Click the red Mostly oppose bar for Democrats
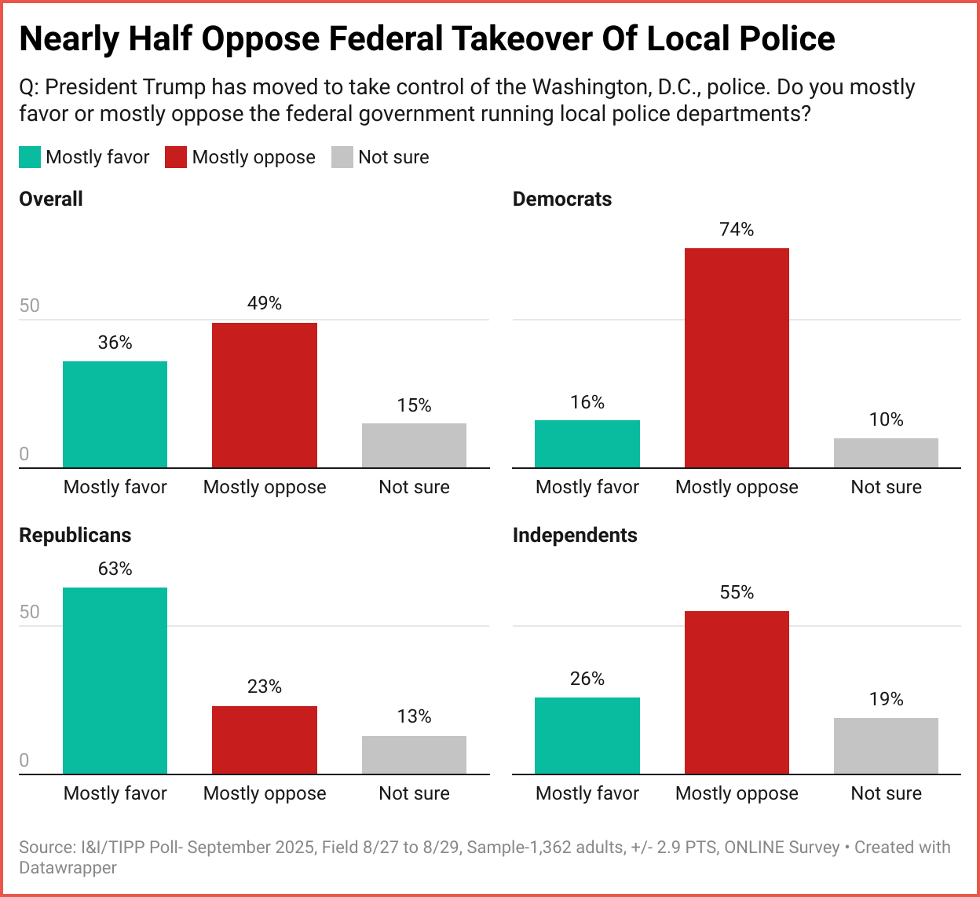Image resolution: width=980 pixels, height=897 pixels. coord(737,358)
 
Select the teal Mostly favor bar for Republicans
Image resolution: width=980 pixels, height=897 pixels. coord(115,680)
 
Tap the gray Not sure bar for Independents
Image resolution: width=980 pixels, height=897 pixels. coord(886,746)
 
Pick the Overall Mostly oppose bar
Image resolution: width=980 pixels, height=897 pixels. coord(265,395)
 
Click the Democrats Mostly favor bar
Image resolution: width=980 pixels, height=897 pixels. coord(587,444)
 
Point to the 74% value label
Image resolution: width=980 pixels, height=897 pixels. coord(737,229)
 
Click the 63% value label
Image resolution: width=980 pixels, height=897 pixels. coord(115,569)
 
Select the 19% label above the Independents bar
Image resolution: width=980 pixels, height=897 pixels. coord(886,699)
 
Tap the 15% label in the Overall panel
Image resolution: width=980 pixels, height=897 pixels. coord(414,405)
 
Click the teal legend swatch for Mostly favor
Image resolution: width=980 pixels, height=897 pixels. coord(30,157)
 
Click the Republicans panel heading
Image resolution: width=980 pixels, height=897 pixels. coord(75,536)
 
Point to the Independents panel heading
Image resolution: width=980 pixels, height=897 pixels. coord(575,536)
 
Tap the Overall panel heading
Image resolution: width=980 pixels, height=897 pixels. coord(51,200)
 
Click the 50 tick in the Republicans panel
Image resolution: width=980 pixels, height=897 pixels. coord(29,613)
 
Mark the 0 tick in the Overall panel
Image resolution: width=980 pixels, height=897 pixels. coord(24,455)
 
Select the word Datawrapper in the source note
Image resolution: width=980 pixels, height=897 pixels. coord(68,868)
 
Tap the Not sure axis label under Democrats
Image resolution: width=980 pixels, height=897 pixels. coord(886,487)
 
